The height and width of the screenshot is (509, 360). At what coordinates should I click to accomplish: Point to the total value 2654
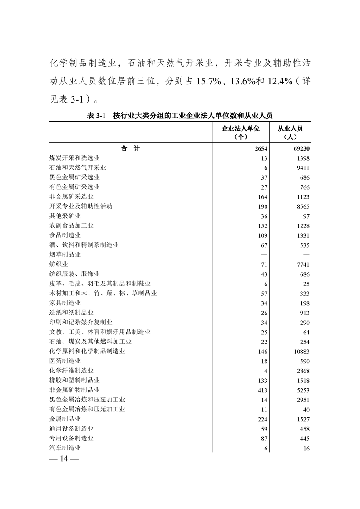pos(261,148)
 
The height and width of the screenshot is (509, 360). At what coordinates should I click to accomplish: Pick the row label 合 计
pos(130,148)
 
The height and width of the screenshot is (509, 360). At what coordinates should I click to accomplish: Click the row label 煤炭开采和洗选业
pos(74,158)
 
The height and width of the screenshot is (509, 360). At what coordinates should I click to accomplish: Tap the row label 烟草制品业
pos(65,254)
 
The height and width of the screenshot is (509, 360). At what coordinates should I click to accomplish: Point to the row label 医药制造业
pos(65,361)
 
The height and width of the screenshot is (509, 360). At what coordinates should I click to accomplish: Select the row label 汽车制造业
pos(65,448)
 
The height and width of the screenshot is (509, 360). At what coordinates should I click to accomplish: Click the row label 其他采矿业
pos(65,216)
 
